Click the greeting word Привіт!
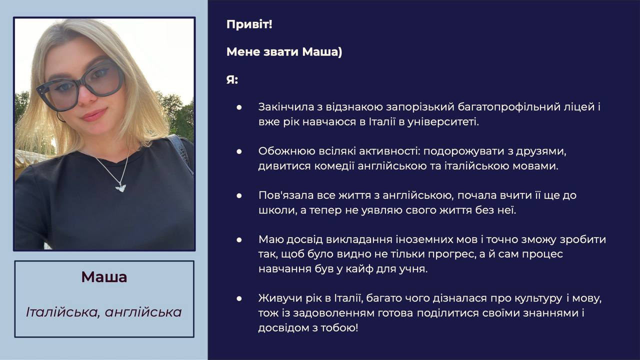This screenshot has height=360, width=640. pos(249,24)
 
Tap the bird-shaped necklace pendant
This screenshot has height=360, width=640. pos(120,187)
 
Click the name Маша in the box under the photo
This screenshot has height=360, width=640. pos(104,277)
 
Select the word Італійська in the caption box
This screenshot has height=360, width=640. pos(63,312)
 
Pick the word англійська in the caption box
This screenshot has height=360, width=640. pos(143,312)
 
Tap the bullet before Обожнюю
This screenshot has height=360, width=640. pos(239,151)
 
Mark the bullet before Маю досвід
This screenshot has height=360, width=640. pos(239,239)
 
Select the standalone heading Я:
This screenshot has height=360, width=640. pos(232,79)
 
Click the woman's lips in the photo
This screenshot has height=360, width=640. pos(93,115)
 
